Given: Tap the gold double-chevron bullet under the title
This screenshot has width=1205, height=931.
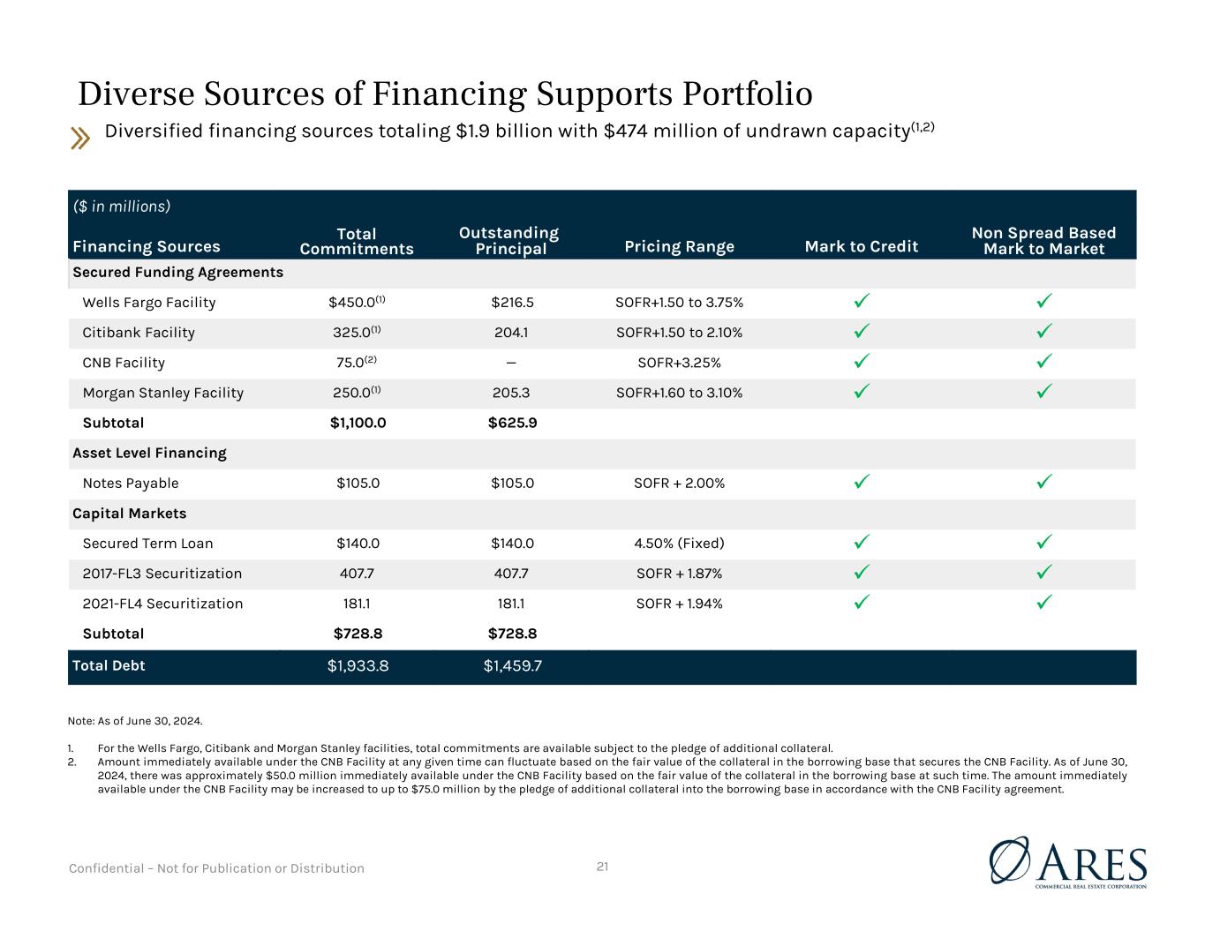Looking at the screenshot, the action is point(79,138).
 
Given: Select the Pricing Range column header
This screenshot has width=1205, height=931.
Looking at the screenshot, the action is point(680,246).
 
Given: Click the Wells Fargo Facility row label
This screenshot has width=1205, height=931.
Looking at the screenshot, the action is point(148,303).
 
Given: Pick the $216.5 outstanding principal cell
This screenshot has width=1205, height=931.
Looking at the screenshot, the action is point(512,303).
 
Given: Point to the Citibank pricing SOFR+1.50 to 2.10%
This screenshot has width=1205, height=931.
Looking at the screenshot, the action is point(680,333).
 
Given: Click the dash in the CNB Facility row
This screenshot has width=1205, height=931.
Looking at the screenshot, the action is point(511,363).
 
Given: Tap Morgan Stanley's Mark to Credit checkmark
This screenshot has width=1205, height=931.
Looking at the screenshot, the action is point(862,391).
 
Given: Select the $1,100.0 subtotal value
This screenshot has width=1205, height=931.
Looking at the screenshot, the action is point(358,423).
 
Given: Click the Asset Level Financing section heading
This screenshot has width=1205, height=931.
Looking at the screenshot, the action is point(150,454).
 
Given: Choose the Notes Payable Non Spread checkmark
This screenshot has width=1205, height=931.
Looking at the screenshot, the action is point(1044,482).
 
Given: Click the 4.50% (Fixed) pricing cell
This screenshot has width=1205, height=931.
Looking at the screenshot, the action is point(680,544).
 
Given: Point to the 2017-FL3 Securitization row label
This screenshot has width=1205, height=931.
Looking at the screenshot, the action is point(162,574).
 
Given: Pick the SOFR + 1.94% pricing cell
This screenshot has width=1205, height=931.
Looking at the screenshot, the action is point(680,604).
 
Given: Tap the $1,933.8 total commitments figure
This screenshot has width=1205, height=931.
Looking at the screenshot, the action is point(358,666).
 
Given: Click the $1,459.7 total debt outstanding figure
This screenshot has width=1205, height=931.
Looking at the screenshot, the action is point(512,666).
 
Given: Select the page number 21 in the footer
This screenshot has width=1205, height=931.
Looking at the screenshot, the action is point(602,867).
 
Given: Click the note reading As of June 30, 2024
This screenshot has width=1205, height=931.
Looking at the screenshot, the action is point(135,721).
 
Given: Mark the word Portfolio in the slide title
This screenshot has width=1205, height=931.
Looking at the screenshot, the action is point(748,94).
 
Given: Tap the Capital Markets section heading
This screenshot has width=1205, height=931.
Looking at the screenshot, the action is point(129,514).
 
